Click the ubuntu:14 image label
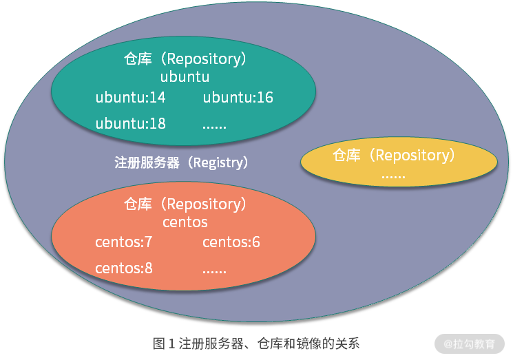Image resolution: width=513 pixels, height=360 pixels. click(x=131, y=97)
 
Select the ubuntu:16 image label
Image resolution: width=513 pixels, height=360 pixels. click(x=238, y=97)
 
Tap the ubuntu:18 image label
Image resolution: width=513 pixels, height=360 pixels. click(x=131, y=123)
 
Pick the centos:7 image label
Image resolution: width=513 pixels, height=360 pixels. click(x=123, y=242)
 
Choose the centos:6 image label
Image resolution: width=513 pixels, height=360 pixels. click(x=231, y=242)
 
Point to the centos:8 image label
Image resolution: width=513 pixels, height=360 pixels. click(x=124, y=268)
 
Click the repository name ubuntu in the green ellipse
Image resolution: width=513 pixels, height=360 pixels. click(x=185, y=76)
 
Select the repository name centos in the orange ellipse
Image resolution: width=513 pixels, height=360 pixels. click(x=185, y=222)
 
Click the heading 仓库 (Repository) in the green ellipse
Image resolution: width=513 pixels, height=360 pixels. click(x=185, y=59)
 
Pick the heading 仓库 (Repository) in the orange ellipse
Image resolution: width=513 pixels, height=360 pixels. click(x=185, y=204)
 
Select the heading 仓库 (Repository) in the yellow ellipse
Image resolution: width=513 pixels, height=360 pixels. click(x=395, y=156)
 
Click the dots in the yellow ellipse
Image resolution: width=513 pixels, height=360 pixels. click(x=394, y=176)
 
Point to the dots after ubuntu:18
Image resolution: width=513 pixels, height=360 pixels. click(x=215, y=126)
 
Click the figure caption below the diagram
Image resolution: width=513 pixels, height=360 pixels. click(x=256, y=342)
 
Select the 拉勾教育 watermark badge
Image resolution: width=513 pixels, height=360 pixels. click(x=470, y=343)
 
